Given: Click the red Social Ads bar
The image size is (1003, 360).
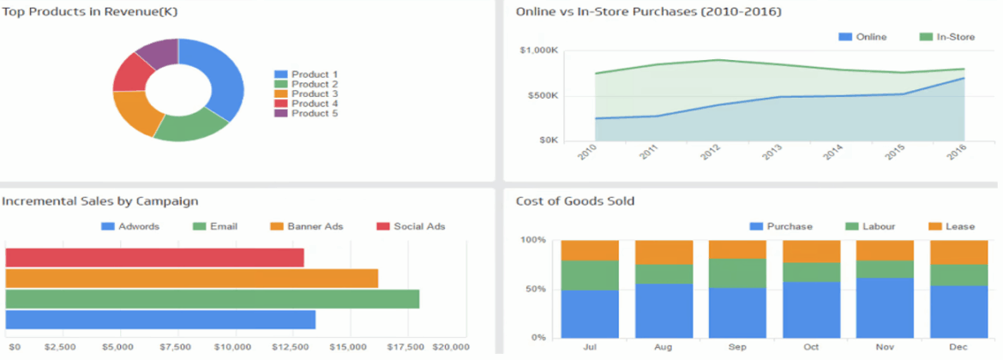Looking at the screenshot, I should point(154,257).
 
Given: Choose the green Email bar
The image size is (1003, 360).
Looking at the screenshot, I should point(212,298).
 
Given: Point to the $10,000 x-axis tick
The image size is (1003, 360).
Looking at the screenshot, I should point(232,347).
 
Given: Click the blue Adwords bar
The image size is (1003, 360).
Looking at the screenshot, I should point(160,319).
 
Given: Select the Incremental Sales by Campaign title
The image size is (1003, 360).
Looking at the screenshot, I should point(100,201).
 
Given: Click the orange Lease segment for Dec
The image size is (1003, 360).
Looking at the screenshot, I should point(958,252).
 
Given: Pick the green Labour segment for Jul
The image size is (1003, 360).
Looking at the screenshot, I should point(590,275).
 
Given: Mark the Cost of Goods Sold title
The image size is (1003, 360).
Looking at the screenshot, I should point(575,201).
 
